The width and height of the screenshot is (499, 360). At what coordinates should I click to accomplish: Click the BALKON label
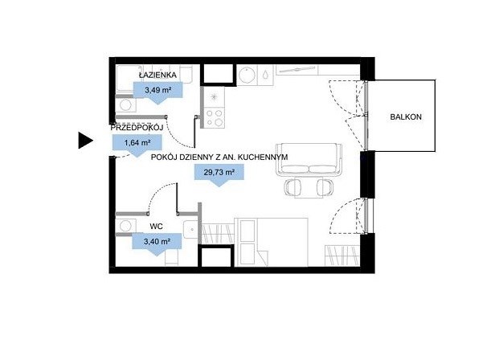(406, 117)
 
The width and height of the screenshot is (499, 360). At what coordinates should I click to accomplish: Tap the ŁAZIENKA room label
(157, 75)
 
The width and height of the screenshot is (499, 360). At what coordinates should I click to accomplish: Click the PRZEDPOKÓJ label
(137, 128)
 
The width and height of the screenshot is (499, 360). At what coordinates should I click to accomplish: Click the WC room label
(156, 227)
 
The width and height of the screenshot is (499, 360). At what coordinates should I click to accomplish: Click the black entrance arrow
(86, 141)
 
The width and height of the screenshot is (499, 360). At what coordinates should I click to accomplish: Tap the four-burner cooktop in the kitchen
(215, 118)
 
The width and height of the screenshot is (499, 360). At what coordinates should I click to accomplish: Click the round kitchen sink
(247, 76)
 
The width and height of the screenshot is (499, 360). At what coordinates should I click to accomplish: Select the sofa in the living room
(309, 159)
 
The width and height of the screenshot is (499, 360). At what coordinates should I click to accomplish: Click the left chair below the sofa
(293, 187)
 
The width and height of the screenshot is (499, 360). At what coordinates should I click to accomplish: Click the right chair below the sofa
(325, 187)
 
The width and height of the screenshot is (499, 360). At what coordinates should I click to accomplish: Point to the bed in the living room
(271, 242)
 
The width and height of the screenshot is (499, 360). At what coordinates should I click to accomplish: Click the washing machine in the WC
(125, 226)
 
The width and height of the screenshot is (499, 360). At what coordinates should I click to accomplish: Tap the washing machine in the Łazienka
(125, 105)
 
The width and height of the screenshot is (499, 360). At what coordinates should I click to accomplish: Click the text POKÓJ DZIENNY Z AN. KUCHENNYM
(219, 157)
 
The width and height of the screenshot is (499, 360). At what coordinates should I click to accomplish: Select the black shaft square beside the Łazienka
(218, 75)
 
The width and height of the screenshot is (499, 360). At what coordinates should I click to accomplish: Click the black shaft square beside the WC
(216, 256)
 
